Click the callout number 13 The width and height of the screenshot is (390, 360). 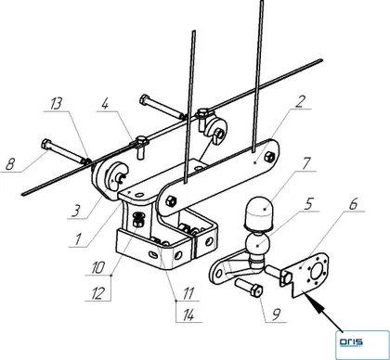[57, 104]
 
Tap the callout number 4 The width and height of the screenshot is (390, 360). [105, 104]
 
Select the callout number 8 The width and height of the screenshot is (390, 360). [10, 163]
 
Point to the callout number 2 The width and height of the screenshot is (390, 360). [300, 101]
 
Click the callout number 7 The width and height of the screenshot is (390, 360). [305, 163]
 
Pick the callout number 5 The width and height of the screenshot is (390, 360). [308, 204]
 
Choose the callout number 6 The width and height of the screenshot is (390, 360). [353, 203]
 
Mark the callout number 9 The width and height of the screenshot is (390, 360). [277, 315]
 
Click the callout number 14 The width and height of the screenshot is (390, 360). [188, 315]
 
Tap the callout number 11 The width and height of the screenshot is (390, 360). [188, 293]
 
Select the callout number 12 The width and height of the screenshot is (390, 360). [97, 293]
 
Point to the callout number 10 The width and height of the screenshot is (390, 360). [97, 267]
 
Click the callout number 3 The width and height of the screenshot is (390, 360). [75, 212]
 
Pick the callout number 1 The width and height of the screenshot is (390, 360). [77, 239]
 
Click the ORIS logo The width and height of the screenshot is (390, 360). [351, 342]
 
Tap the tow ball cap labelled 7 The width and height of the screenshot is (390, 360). [260, 213]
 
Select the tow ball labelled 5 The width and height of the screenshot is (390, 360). [258, 244]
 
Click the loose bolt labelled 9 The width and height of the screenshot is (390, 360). [249, 287]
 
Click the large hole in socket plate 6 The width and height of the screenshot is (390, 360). [317, 273]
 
